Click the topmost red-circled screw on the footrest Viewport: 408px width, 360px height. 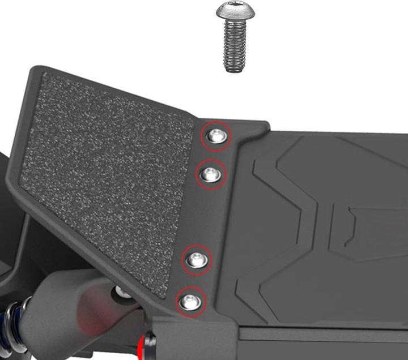tap(216, 136)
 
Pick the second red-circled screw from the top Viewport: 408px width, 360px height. tap(211, 174)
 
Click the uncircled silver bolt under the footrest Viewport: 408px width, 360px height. tap(122, 292)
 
